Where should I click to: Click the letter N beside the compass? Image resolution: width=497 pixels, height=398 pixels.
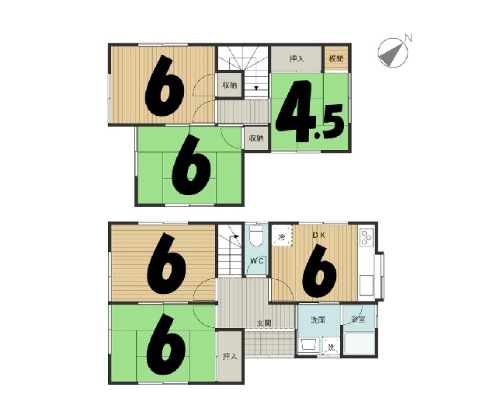click(408, 38)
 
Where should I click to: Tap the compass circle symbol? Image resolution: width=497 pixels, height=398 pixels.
click(393, 53)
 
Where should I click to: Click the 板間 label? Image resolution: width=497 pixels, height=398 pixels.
click(336, 59)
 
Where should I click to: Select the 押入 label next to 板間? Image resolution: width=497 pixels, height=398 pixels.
click(297, 59)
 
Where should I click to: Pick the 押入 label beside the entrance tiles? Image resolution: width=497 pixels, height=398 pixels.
click(230, 357)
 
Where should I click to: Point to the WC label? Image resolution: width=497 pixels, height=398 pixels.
click(257, 261)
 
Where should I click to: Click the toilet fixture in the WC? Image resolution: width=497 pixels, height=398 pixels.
click(256, 236)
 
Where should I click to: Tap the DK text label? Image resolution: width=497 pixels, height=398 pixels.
click(318, 236)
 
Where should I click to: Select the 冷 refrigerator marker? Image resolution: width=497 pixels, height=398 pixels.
click(281, 236)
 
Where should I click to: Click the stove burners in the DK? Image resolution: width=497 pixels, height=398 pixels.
click(367, 237)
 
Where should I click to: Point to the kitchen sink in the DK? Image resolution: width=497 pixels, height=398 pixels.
click(367, 286)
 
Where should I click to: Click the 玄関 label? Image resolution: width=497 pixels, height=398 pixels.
click(264, 323)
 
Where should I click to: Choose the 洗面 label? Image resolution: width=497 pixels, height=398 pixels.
click(318, 319)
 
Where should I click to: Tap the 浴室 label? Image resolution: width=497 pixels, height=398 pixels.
click(358, 319)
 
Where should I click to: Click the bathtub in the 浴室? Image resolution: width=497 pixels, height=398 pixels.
click(359, 343)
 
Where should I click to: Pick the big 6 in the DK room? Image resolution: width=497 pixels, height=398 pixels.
click(318, 271)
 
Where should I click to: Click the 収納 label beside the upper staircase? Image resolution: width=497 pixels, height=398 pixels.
click(230, 86)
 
